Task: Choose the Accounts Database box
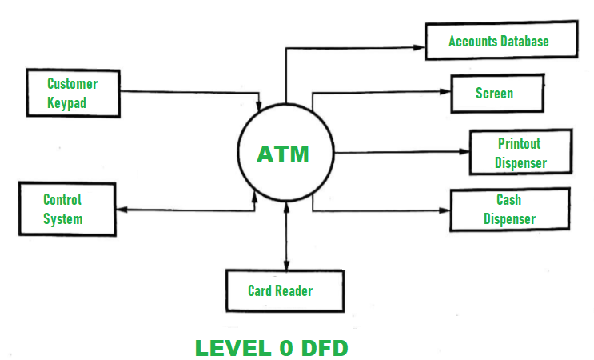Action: click(499, 41)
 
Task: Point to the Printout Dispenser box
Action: click(520, 153)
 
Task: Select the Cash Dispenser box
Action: click(509, 209)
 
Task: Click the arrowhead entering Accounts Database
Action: click(419, 48)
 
